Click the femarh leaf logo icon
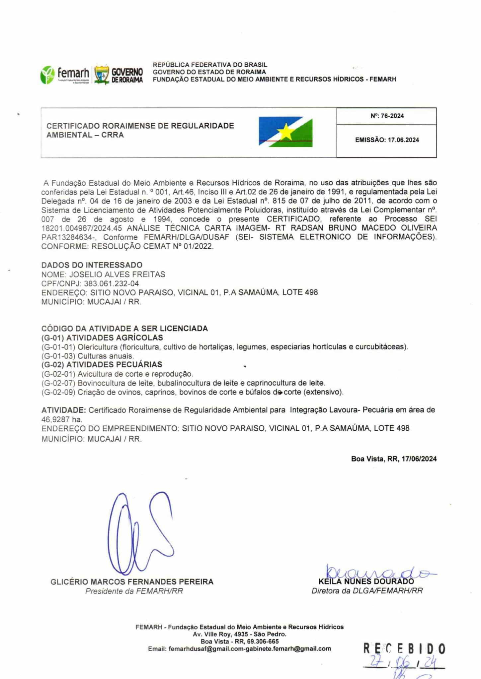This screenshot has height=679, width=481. (x=47, y=75)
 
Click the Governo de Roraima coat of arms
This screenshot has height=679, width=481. (x=102, y=75)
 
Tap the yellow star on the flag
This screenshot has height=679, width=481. (x=286, y=132)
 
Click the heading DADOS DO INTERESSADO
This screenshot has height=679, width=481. (x=92, y=265)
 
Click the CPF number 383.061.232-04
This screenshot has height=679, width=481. (x=112, y=283)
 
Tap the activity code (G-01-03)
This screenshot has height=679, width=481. (x=58, y=356)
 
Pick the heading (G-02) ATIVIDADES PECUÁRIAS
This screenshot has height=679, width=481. (x=102, y=364)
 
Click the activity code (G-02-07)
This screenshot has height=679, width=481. (x=58, y=383)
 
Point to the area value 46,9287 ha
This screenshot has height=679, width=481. (x=61, y=419)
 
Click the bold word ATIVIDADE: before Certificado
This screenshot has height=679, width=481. (x=64, y=410)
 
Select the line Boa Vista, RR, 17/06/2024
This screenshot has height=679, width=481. (x=394, y=459)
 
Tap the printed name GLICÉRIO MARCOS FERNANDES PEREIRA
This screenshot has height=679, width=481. (x=132, y=582)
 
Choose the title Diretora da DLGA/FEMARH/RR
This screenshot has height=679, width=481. (x=367, y=591)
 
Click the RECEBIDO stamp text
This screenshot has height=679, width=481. (x=404, y=648)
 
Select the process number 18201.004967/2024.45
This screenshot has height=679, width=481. (x=82, y=228)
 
